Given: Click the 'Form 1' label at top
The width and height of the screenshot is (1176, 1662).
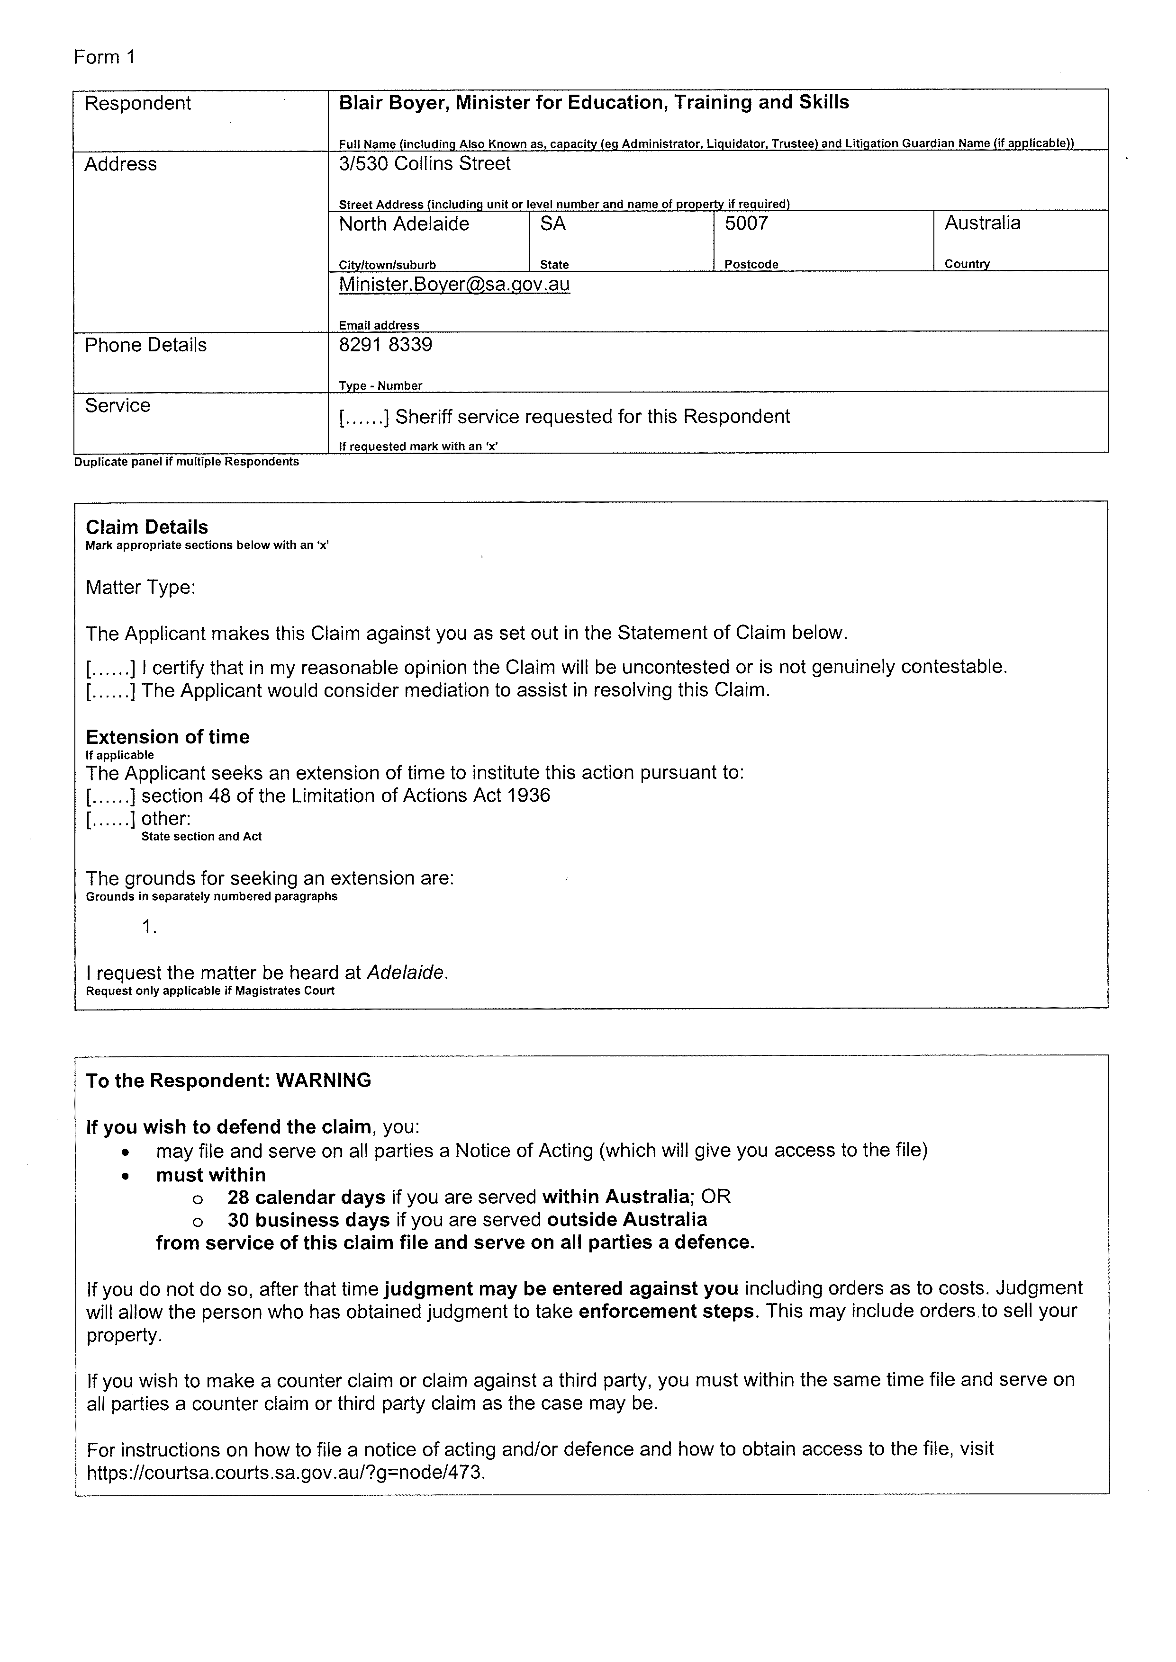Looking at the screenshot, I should click(x=104, y=57).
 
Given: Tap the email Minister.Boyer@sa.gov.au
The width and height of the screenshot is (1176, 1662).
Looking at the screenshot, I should click(x=454, y=285).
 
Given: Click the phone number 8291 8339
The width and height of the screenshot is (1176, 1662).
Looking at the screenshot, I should click(x=385, y=345).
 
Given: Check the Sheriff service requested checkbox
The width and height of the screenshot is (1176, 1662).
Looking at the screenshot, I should click(x=365, y=417).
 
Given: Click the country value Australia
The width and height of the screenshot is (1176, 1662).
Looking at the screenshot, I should click(x=982, y=223).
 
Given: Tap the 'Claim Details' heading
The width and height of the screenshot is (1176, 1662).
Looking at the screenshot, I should click(x=146, y=527).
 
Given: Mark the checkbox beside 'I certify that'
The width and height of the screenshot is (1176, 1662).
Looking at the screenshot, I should click(x=111, y=668).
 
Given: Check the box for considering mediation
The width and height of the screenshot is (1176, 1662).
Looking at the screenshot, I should click(x=111, y=690).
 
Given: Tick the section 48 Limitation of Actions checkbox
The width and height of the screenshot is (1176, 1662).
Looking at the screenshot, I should click(x=111, y=796).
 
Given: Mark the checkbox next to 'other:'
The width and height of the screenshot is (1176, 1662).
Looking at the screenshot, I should click(x=111, y=820).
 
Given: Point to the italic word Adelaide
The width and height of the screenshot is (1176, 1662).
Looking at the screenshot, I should click(x=406, y=973).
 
